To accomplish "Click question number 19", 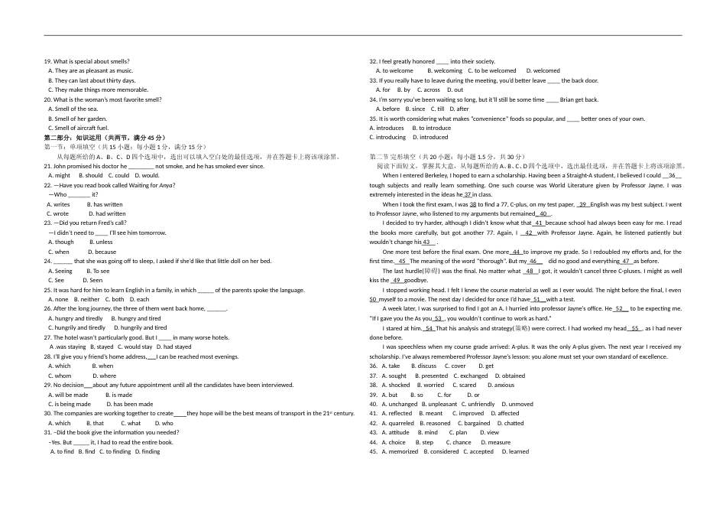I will click(x=47, y=61).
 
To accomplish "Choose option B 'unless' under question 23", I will click(x=104, y=242).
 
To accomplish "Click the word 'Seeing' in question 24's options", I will click(x=63, y=271).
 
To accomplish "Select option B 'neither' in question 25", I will click(x=90, y=299).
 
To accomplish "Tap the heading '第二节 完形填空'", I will click(x=397, y=157).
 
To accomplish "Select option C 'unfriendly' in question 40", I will click(x=481, y=404).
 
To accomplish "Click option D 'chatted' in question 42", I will click(x=514, y=423).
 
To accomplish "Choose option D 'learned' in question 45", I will click(x=518, y=451).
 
